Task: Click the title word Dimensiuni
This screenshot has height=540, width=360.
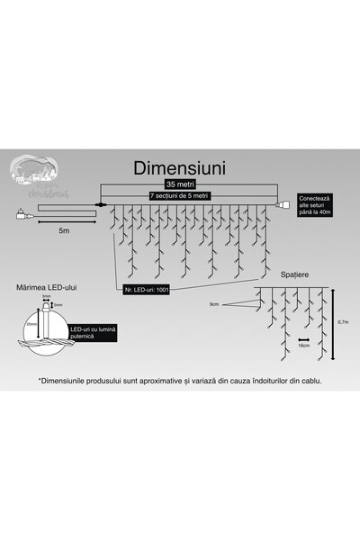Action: click(x=179, y=168)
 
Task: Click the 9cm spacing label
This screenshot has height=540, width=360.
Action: click(x=213, y=305)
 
